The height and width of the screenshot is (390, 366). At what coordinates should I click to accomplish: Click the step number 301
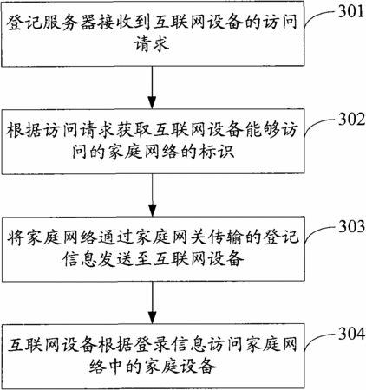tap(351, 11)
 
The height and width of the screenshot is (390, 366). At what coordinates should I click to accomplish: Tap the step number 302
tap(351, 119)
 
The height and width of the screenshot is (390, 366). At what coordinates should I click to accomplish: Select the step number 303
tap(351, 226)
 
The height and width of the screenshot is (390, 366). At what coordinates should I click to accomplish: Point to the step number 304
tap(351, 334)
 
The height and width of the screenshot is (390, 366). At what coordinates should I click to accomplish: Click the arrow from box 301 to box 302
tap(152, 88)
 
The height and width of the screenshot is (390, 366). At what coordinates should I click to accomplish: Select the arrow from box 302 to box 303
tap(152, 195)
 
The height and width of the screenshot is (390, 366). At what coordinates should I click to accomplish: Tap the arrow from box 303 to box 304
tap(152, 302)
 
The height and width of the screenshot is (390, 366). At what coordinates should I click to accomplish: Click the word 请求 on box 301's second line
tap(152, 44)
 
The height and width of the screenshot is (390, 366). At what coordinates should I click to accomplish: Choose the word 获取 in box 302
tap(134, 130)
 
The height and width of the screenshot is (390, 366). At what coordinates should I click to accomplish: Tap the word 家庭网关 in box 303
tap(171, 237)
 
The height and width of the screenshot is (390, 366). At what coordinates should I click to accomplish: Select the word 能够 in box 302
tap(262, 130)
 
